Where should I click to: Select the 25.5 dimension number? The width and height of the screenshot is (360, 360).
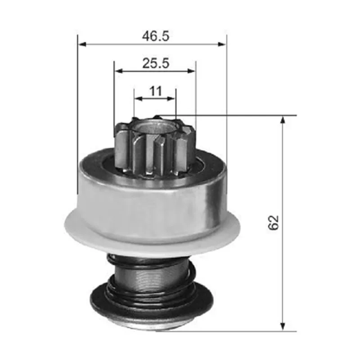156,63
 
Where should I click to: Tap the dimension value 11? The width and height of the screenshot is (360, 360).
156,91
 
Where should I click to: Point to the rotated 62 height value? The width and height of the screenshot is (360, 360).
274,223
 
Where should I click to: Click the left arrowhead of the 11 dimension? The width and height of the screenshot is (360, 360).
138,98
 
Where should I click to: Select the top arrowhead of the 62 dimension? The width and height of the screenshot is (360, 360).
283,120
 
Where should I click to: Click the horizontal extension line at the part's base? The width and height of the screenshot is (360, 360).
234,331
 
